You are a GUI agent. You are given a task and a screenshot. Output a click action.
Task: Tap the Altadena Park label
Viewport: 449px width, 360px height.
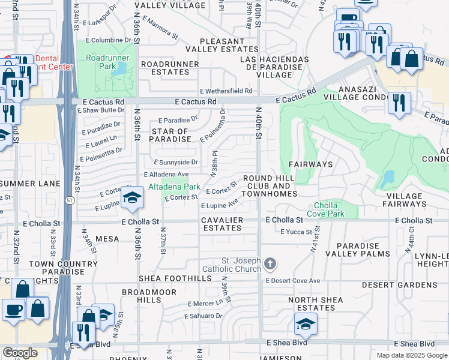click(174, 187)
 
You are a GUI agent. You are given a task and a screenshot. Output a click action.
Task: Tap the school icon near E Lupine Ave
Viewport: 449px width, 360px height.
click(131, 199)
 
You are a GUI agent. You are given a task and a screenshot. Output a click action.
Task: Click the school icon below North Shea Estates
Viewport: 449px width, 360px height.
click(306, 325)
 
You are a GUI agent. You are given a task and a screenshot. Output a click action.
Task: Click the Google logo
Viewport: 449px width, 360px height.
click(20, 353)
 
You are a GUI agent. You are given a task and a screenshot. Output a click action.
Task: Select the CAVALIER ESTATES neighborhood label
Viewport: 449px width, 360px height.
click(223, 224)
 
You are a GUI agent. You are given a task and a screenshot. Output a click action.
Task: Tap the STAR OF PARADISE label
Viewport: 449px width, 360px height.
click(170, 135)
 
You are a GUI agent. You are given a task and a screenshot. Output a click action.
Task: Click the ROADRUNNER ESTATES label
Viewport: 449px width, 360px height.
click(165, 67)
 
